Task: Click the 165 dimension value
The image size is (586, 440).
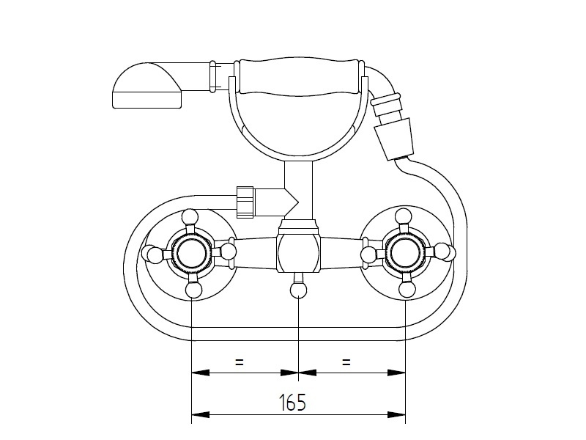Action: click(292, 402)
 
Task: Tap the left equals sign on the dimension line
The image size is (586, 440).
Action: click(240, 362)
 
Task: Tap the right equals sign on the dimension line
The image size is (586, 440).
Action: click(346, 362)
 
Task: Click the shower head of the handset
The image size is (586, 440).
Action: click(147, 86)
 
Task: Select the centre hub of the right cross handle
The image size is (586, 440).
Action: click(405, 254)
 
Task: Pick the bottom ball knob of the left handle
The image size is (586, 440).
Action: click(193, 290)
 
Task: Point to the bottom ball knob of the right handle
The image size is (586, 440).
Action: click(407, 290)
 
